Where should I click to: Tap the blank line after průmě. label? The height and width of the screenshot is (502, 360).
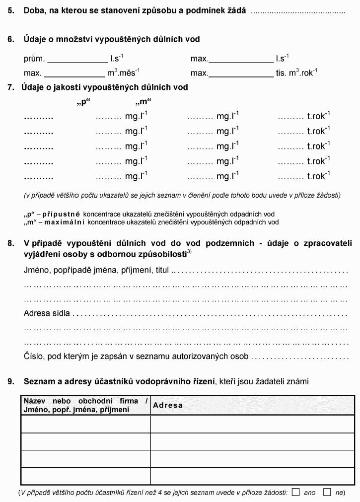[x=77, y=60]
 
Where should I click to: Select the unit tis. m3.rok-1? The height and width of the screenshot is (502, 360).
[x=297, y=73]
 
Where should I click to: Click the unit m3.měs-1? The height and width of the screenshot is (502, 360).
[x=124, y=73]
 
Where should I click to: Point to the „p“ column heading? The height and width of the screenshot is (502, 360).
[x=83, y=103]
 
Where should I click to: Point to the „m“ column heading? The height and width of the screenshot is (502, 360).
[x=143, y=103]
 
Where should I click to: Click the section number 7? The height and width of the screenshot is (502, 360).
[x=10, y=87]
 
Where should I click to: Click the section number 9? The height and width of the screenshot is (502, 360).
[x=10, y=381]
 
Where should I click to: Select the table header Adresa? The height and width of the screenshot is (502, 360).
[x=168, y=405]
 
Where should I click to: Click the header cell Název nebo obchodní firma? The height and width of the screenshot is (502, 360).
[x=85, y=405]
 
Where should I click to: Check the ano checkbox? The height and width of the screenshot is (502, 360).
[x=296, y=493]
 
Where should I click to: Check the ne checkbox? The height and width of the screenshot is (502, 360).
[x=327, y=493]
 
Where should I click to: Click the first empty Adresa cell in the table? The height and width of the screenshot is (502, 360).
[x=252, y=424]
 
